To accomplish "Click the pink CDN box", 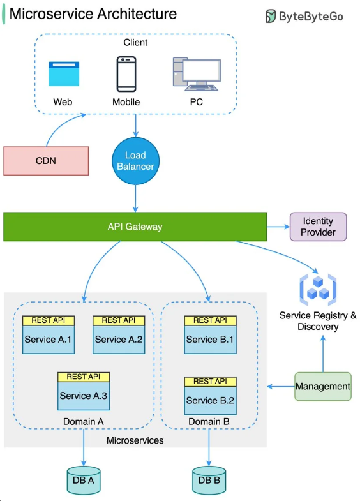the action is tap(46, 161).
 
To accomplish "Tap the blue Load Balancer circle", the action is tap(135, 161).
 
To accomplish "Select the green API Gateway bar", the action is tap(135, 227).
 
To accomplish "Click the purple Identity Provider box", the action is tap(318, 227).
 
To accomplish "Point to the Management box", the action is tap(322, 386).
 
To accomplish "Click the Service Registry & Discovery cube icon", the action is tap(318, 290).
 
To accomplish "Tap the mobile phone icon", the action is tap(126, 74).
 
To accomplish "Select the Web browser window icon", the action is tap(64, 74).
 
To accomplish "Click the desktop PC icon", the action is tap(197, 74).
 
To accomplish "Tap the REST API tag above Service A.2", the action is tap(119, 320).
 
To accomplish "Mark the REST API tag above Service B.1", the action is tap(210, 320).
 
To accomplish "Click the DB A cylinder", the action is tap(84, 480).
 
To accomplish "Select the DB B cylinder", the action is tap(209, 480).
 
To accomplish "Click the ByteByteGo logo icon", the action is tap(271, 17).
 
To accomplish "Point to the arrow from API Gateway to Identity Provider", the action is tap(278, 227).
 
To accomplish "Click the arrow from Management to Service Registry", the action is tap(323, 354).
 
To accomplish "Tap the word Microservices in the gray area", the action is tap(135, 440).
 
